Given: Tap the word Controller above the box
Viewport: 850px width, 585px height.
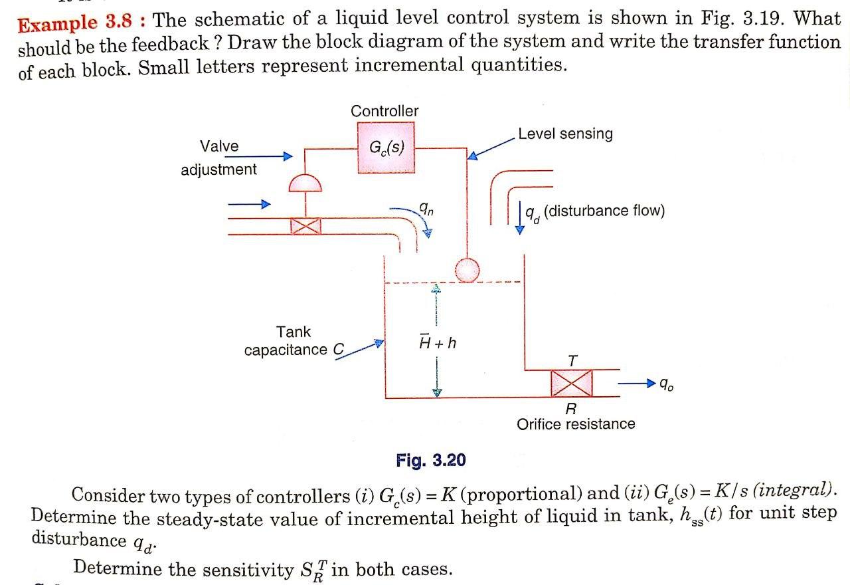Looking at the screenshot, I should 384,111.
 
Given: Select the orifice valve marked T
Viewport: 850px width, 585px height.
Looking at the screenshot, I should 572,383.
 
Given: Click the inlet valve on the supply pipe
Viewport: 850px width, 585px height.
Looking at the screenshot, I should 305,226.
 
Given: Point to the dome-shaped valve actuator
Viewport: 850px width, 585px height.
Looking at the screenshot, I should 305,183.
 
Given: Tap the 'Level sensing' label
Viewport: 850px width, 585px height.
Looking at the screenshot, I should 565,134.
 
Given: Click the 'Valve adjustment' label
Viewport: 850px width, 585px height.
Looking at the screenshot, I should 218,158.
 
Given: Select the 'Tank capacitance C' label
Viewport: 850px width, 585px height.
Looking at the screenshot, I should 294,341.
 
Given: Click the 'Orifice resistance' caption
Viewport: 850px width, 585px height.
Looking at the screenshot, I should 576,424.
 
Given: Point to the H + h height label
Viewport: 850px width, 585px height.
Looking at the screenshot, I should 437,343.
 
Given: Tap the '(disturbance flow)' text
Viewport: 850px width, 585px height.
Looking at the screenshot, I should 604,211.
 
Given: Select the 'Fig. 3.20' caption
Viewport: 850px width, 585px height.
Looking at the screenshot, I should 430,460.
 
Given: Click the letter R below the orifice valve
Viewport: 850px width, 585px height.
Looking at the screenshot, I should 570,408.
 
